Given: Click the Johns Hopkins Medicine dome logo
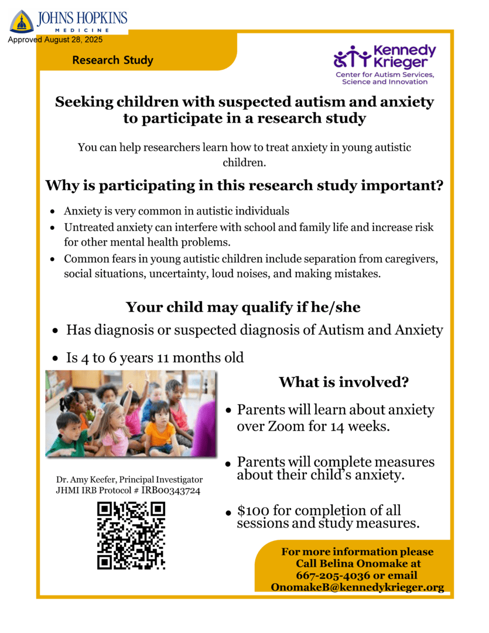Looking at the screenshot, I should [22, 22].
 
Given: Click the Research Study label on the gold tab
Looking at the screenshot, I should [113, 60].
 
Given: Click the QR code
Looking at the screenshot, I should [131, 535].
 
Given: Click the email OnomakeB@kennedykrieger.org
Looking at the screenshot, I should [357, 587].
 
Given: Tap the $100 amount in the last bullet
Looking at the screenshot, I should [249, 511].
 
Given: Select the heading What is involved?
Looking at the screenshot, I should [344, 383].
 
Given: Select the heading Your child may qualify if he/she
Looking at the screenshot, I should [243, 307].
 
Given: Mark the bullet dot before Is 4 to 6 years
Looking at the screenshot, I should [55, 358].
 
